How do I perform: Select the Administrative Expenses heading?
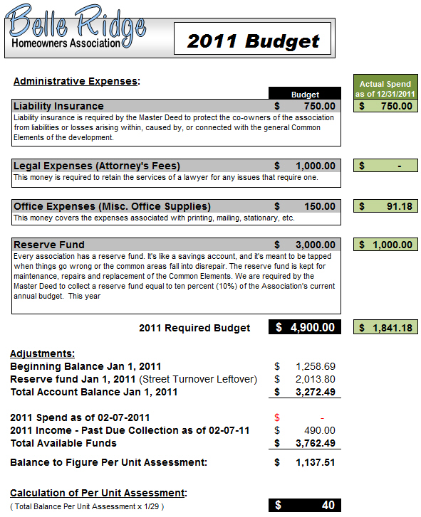click(76, 81)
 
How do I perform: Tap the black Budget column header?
click(305, 94)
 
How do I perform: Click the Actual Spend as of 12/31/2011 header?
click(385, 89)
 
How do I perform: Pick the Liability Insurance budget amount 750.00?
click(316, 106)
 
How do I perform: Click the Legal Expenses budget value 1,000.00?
click(311, 166)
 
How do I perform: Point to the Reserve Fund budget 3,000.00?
click(311, 245)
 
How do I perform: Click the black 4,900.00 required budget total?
click(306, 327)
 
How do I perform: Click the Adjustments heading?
click(42, 353)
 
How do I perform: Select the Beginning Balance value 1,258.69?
click(315, 366)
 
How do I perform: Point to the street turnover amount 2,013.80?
click(315, 379)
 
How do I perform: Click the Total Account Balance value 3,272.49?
click(315, 392)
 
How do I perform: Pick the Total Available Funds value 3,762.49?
click(315, 443)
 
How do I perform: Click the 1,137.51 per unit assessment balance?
click(315, 463)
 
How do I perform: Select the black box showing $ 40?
click(305, 505)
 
